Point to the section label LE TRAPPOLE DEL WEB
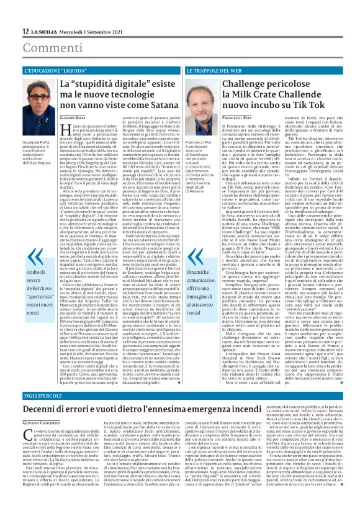pyautogui.click(x=211, y=72)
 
